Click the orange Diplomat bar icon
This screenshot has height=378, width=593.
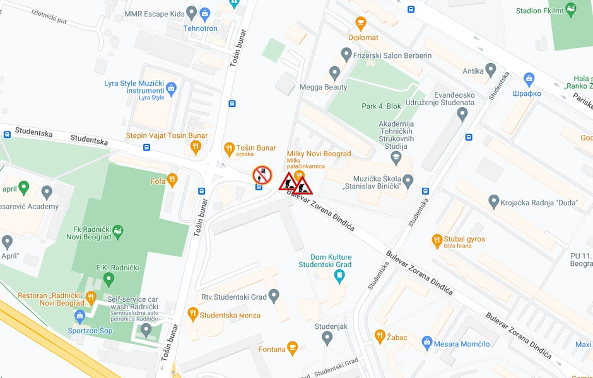[361, 24]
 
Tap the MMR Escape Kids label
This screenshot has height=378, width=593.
[155, 13]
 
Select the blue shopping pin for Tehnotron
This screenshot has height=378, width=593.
[204, 14]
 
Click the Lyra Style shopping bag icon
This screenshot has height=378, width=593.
[171, 88]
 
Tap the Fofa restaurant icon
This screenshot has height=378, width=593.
[172, 181]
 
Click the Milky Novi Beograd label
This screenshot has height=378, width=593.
[319, 154]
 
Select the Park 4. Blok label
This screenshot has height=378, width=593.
[381, 106]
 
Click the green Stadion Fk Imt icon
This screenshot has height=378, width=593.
[571, 9]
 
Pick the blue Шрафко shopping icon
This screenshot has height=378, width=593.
[529, 80]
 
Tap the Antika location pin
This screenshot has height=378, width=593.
[490, 70]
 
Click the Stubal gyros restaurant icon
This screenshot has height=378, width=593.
[437, 240]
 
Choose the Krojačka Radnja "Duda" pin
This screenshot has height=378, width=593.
[494, 202]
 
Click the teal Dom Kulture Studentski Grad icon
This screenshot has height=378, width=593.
[340, 275]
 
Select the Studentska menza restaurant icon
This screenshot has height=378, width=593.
[193, 313]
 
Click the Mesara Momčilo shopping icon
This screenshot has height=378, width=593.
[427, 343]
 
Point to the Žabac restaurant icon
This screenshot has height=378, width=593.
[380, 336]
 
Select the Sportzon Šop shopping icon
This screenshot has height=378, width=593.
[79, 316]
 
